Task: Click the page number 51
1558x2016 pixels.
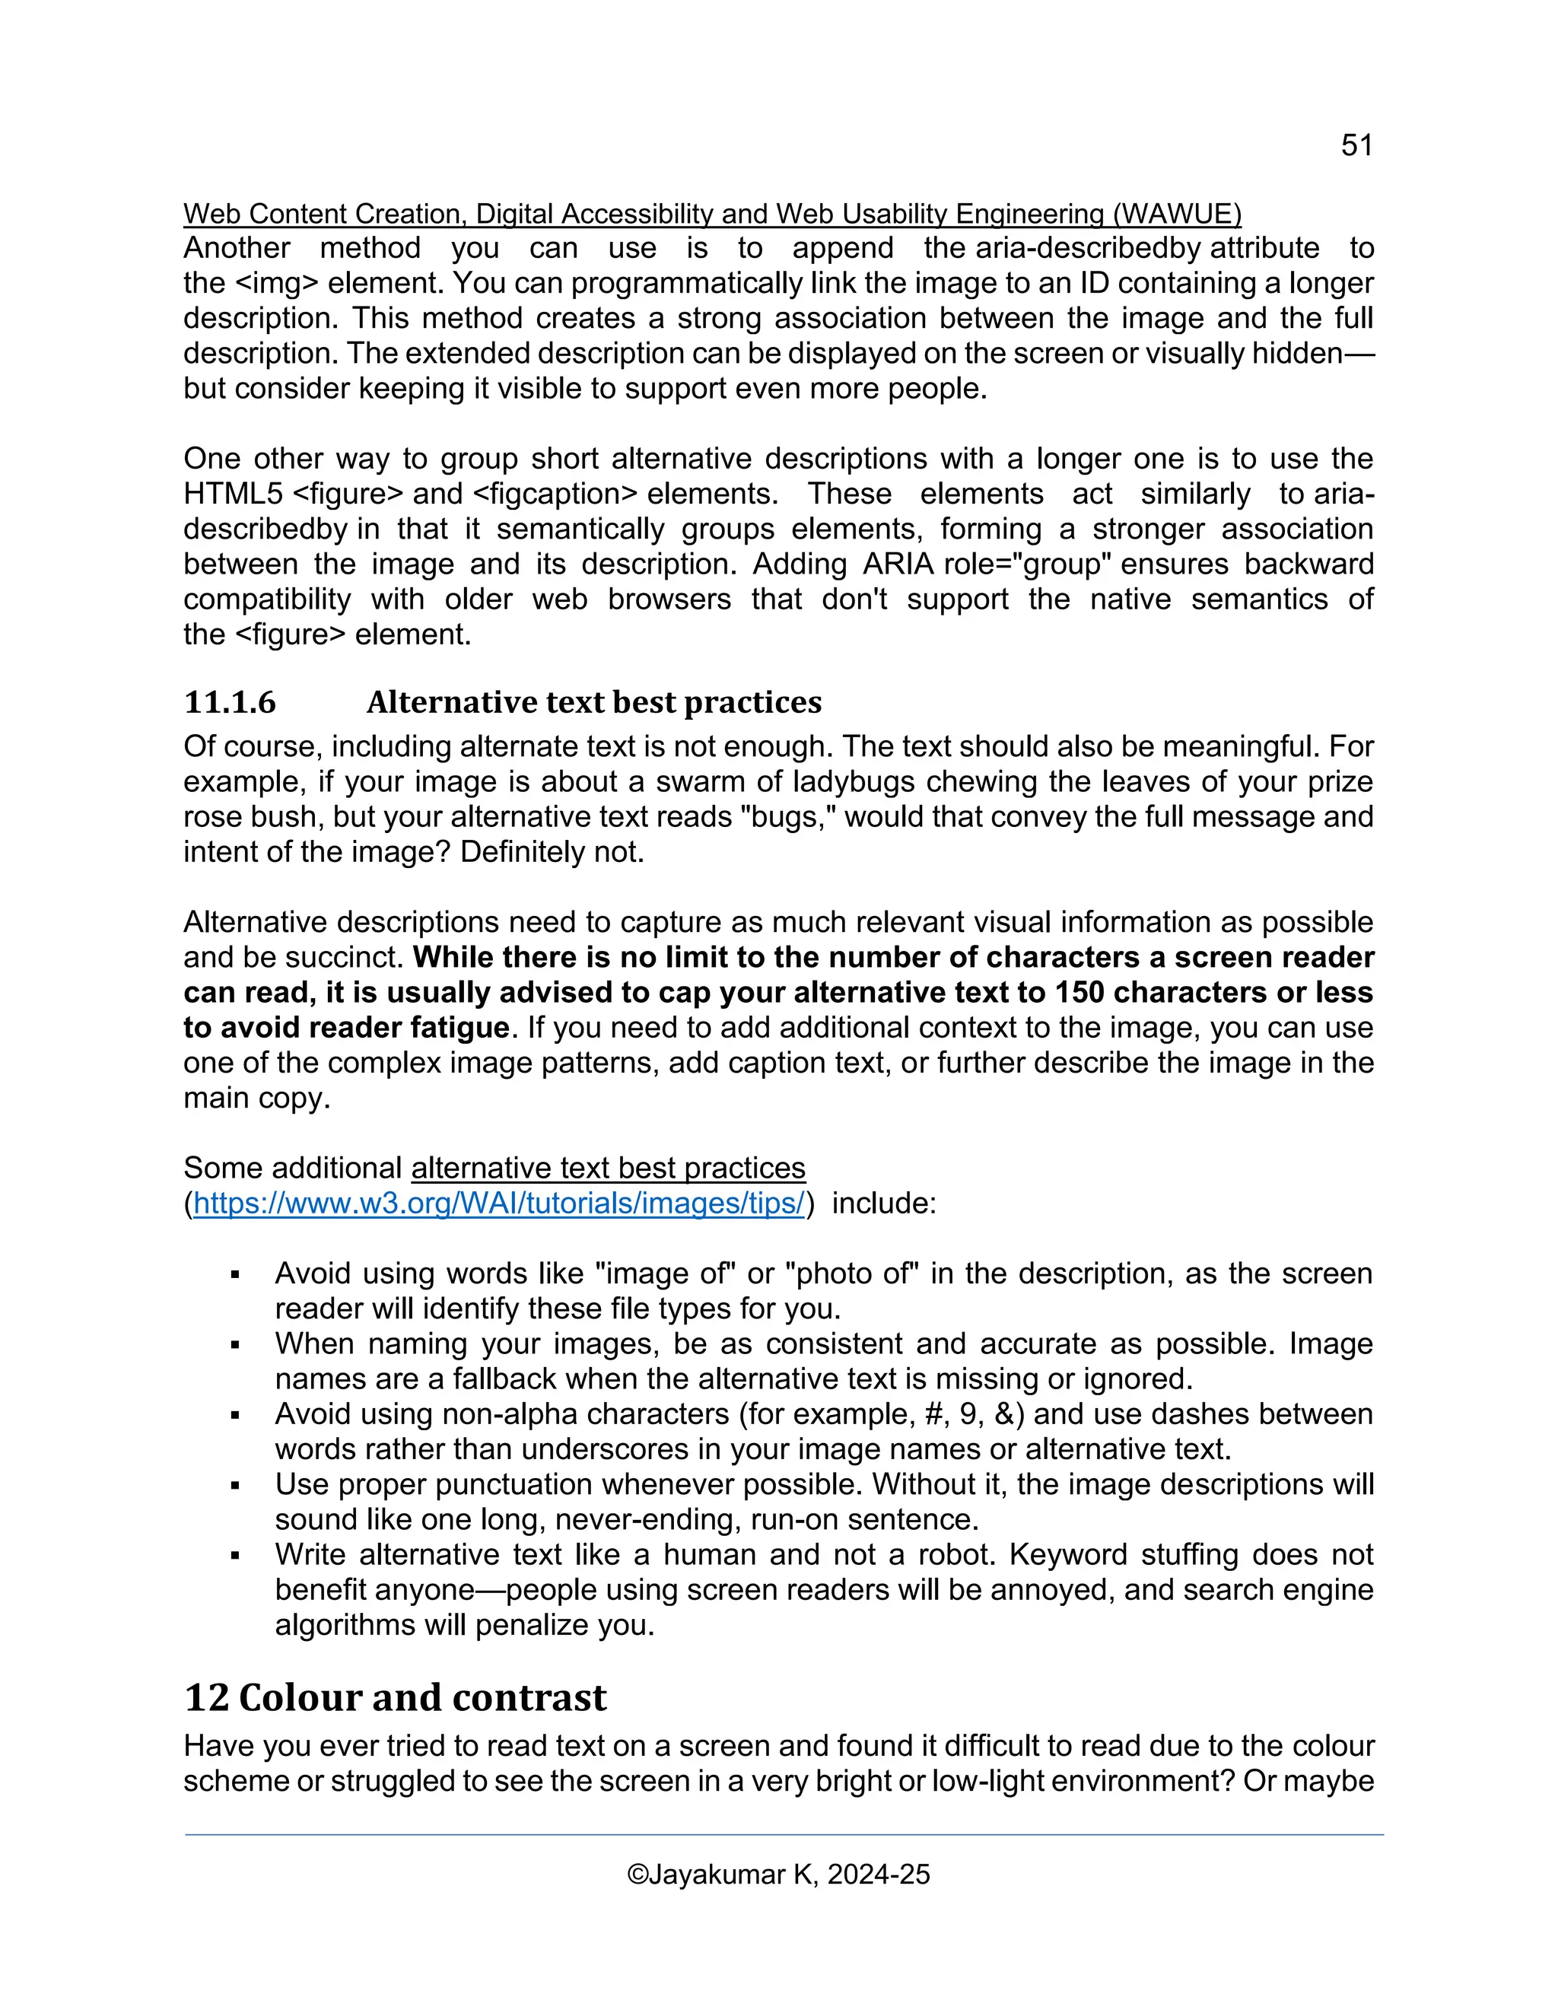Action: point(1356,145)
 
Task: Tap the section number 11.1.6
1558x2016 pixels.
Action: point(229,702)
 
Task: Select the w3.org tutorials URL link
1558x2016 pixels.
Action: point(498,1204)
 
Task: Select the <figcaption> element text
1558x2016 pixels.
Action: point(555,494)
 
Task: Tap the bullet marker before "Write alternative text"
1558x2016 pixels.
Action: point(235,1557)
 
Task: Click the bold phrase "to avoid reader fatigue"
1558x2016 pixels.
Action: point(346,1027)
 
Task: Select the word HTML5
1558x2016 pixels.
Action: point(233,494)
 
